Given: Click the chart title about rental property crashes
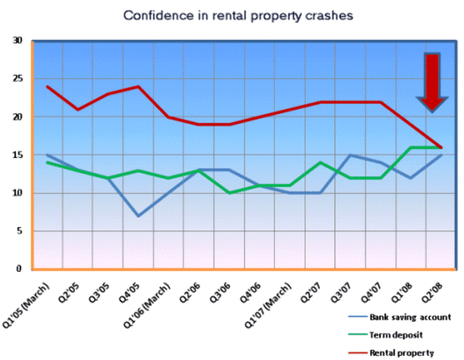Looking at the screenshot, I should tap(238, 16).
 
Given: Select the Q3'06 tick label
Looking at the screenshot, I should tap(220, 286).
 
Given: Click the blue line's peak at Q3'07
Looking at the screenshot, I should tap(350, 155).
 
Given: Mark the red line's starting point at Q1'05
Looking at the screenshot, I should tap(48, 87).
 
